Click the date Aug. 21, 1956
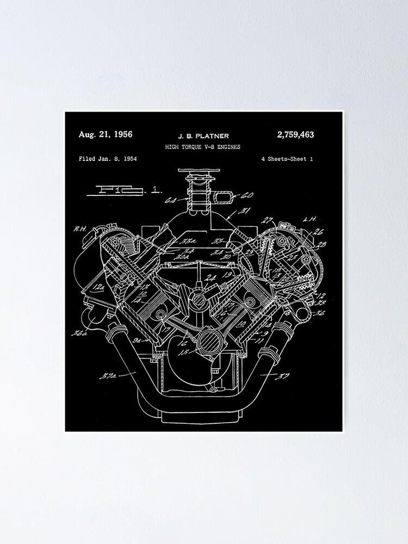[105, 134]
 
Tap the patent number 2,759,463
[295, 134]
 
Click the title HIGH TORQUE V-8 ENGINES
[202, 147]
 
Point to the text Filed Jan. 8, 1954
[107, 159]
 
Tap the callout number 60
[248, 195]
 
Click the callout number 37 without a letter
[283, 374]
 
